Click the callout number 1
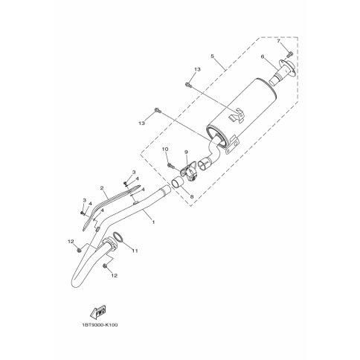[x=153, y=222]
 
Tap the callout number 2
[x=102, y=188]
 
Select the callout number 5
[x=212, y=57]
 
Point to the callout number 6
[x=263, y=57]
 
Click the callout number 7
[x=278, y=41]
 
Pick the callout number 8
[x=192, y=196]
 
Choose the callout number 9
[x=186, y=152]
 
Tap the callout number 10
[x=165, y=149]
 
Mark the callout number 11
[x=135, y=251]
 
